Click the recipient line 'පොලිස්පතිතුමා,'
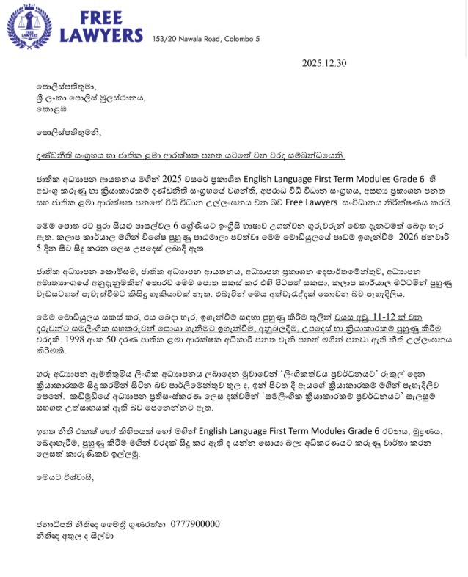62,95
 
